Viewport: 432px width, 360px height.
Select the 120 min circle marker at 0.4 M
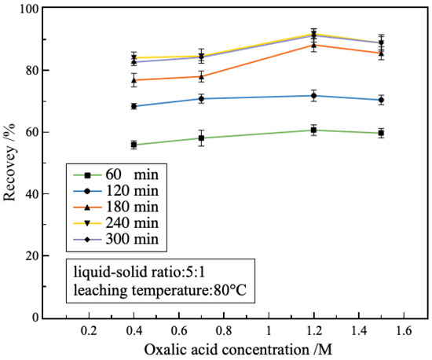coord(134,106)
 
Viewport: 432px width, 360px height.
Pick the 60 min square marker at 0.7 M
coord(202,138)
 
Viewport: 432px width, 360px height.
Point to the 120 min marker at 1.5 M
coord(381,100)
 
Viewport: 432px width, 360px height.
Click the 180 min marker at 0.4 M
coord(134,80)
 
